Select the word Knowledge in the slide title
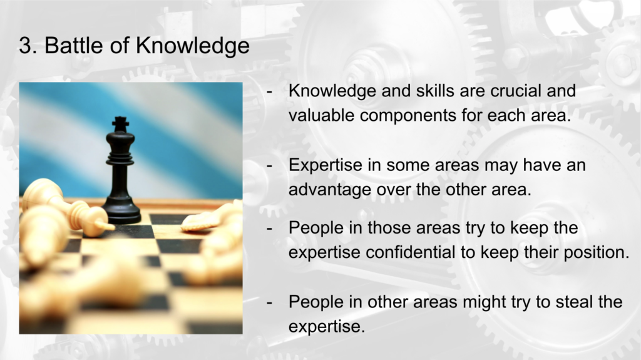coord(192,46)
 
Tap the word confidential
coord(410,252)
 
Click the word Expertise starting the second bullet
coord(326,166)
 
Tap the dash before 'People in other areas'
coord(269,304)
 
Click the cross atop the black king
coord(121,122)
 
